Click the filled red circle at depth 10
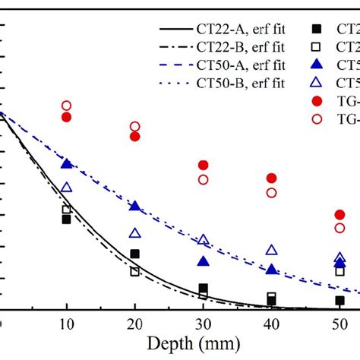pos(67,117)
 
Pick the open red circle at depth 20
pos(135,127)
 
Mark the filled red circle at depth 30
pos(204,165)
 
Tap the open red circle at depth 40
pos(272,193)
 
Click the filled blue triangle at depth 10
pos(67,164)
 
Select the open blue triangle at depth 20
pos(135,233)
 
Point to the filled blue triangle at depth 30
pos(204,261)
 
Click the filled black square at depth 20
pos(135,254)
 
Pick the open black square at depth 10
pos(67,210)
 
